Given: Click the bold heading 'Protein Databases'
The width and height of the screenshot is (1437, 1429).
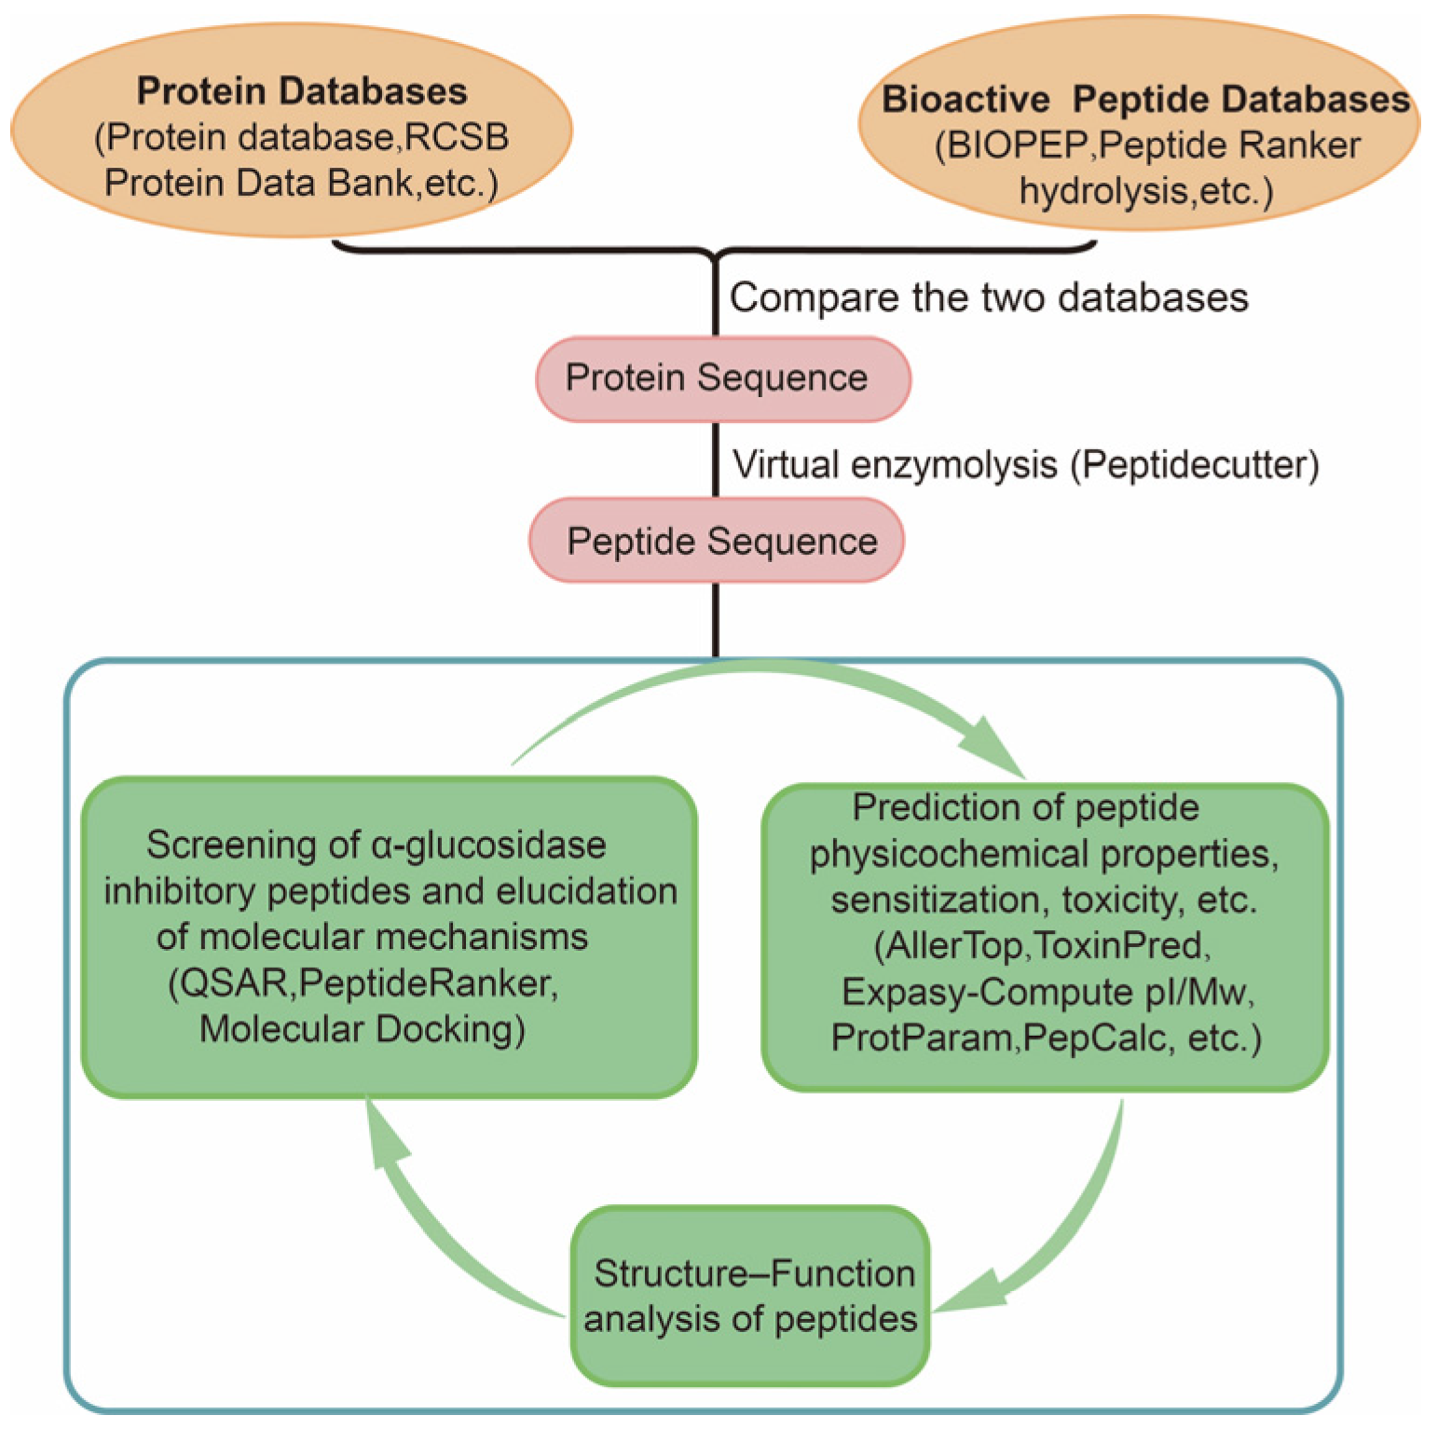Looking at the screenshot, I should click(x=301, y=91).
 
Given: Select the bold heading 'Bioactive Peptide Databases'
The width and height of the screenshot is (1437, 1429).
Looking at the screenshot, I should click(x=1145, y=100).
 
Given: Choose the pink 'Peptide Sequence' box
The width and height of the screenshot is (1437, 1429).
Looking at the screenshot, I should click(x=716, y=542).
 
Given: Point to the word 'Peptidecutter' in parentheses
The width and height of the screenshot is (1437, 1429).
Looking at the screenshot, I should click(x=1194, y=464).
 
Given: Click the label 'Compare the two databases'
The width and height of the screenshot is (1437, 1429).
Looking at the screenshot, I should click(x=988, y=298).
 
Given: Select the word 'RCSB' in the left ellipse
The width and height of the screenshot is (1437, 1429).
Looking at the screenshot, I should click(x=457, y=137).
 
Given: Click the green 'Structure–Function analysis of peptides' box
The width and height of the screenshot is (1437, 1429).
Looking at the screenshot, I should click(x=751, y=1296).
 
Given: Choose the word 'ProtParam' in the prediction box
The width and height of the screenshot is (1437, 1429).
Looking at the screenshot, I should click(x=922, y=1037).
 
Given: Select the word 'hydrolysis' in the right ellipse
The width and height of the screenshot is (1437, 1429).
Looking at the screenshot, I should click(x=1101, y=191).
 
